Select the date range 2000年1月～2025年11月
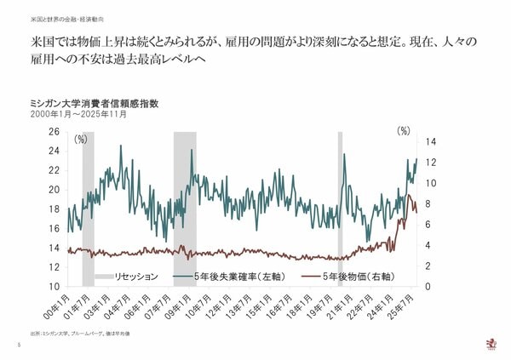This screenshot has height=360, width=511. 78,114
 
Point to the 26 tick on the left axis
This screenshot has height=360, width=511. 55,132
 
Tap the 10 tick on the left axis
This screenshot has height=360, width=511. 55,287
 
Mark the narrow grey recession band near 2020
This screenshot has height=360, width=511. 340,209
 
